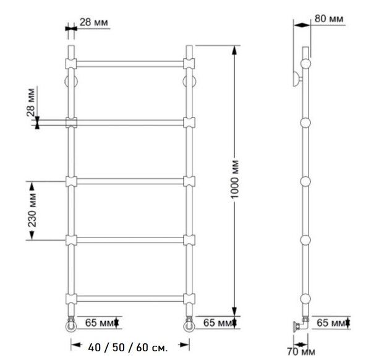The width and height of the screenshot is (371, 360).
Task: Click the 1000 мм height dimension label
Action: tap(235, 179)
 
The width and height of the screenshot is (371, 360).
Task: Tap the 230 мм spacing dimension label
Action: tap(32, 210)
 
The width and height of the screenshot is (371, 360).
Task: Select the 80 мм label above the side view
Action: tap(329, 19)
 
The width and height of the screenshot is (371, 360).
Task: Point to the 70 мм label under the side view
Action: tap(301, 351)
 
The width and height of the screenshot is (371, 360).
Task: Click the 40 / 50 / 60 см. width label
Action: tap(128, 348)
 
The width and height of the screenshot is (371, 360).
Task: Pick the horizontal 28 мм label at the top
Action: tap(94, 22)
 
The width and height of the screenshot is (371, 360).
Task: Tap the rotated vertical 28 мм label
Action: tap(31, 103)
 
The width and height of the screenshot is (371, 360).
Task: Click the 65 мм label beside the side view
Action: tap(331, 323)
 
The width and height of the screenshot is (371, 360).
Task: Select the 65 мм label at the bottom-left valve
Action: tap(100, 323)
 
